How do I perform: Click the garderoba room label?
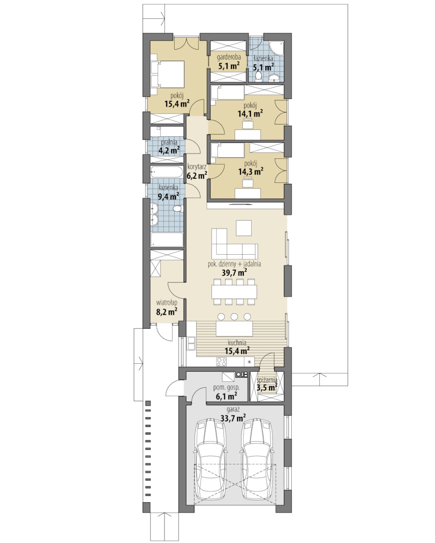pyautogui.click(x=229, y=57)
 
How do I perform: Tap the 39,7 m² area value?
pyautogui.click(x=234, y=273)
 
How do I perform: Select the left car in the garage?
pyautogui.click(x=210, y=459)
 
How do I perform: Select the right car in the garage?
pyautogui.click(x=257, y=459)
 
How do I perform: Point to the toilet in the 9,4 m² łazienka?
pyautogui.click(x=177, y=209)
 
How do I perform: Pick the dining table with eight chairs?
pyautogui.click(x=234, y=292)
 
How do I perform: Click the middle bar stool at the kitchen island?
pyautogui.click(x=234, y=316)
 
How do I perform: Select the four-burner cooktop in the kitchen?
pyautogui.click(x=222, y=362)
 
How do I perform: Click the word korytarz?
pyautogui.click(x=196, y=167)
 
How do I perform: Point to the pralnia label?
pyautogui.click(x=169, y=142)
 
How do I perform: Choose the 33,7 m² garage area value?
pyautogui.click(x=233, y=418)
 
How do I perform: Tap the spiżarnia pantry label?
pyautogui.click(x=267, y=380)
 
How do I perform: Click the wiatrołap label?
pyautogui.click(x=167, y=303)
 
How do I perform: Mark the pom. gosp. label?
pyautogui.click(x=226, y=388)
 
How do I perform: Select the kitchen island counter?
pyautogui.click(x=234, y=329)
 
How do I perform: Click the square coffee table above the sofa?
pyautogui.click(x=244, y=228)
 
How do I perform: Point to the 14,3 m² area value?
pyautogui.click(x=251, y=171)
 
